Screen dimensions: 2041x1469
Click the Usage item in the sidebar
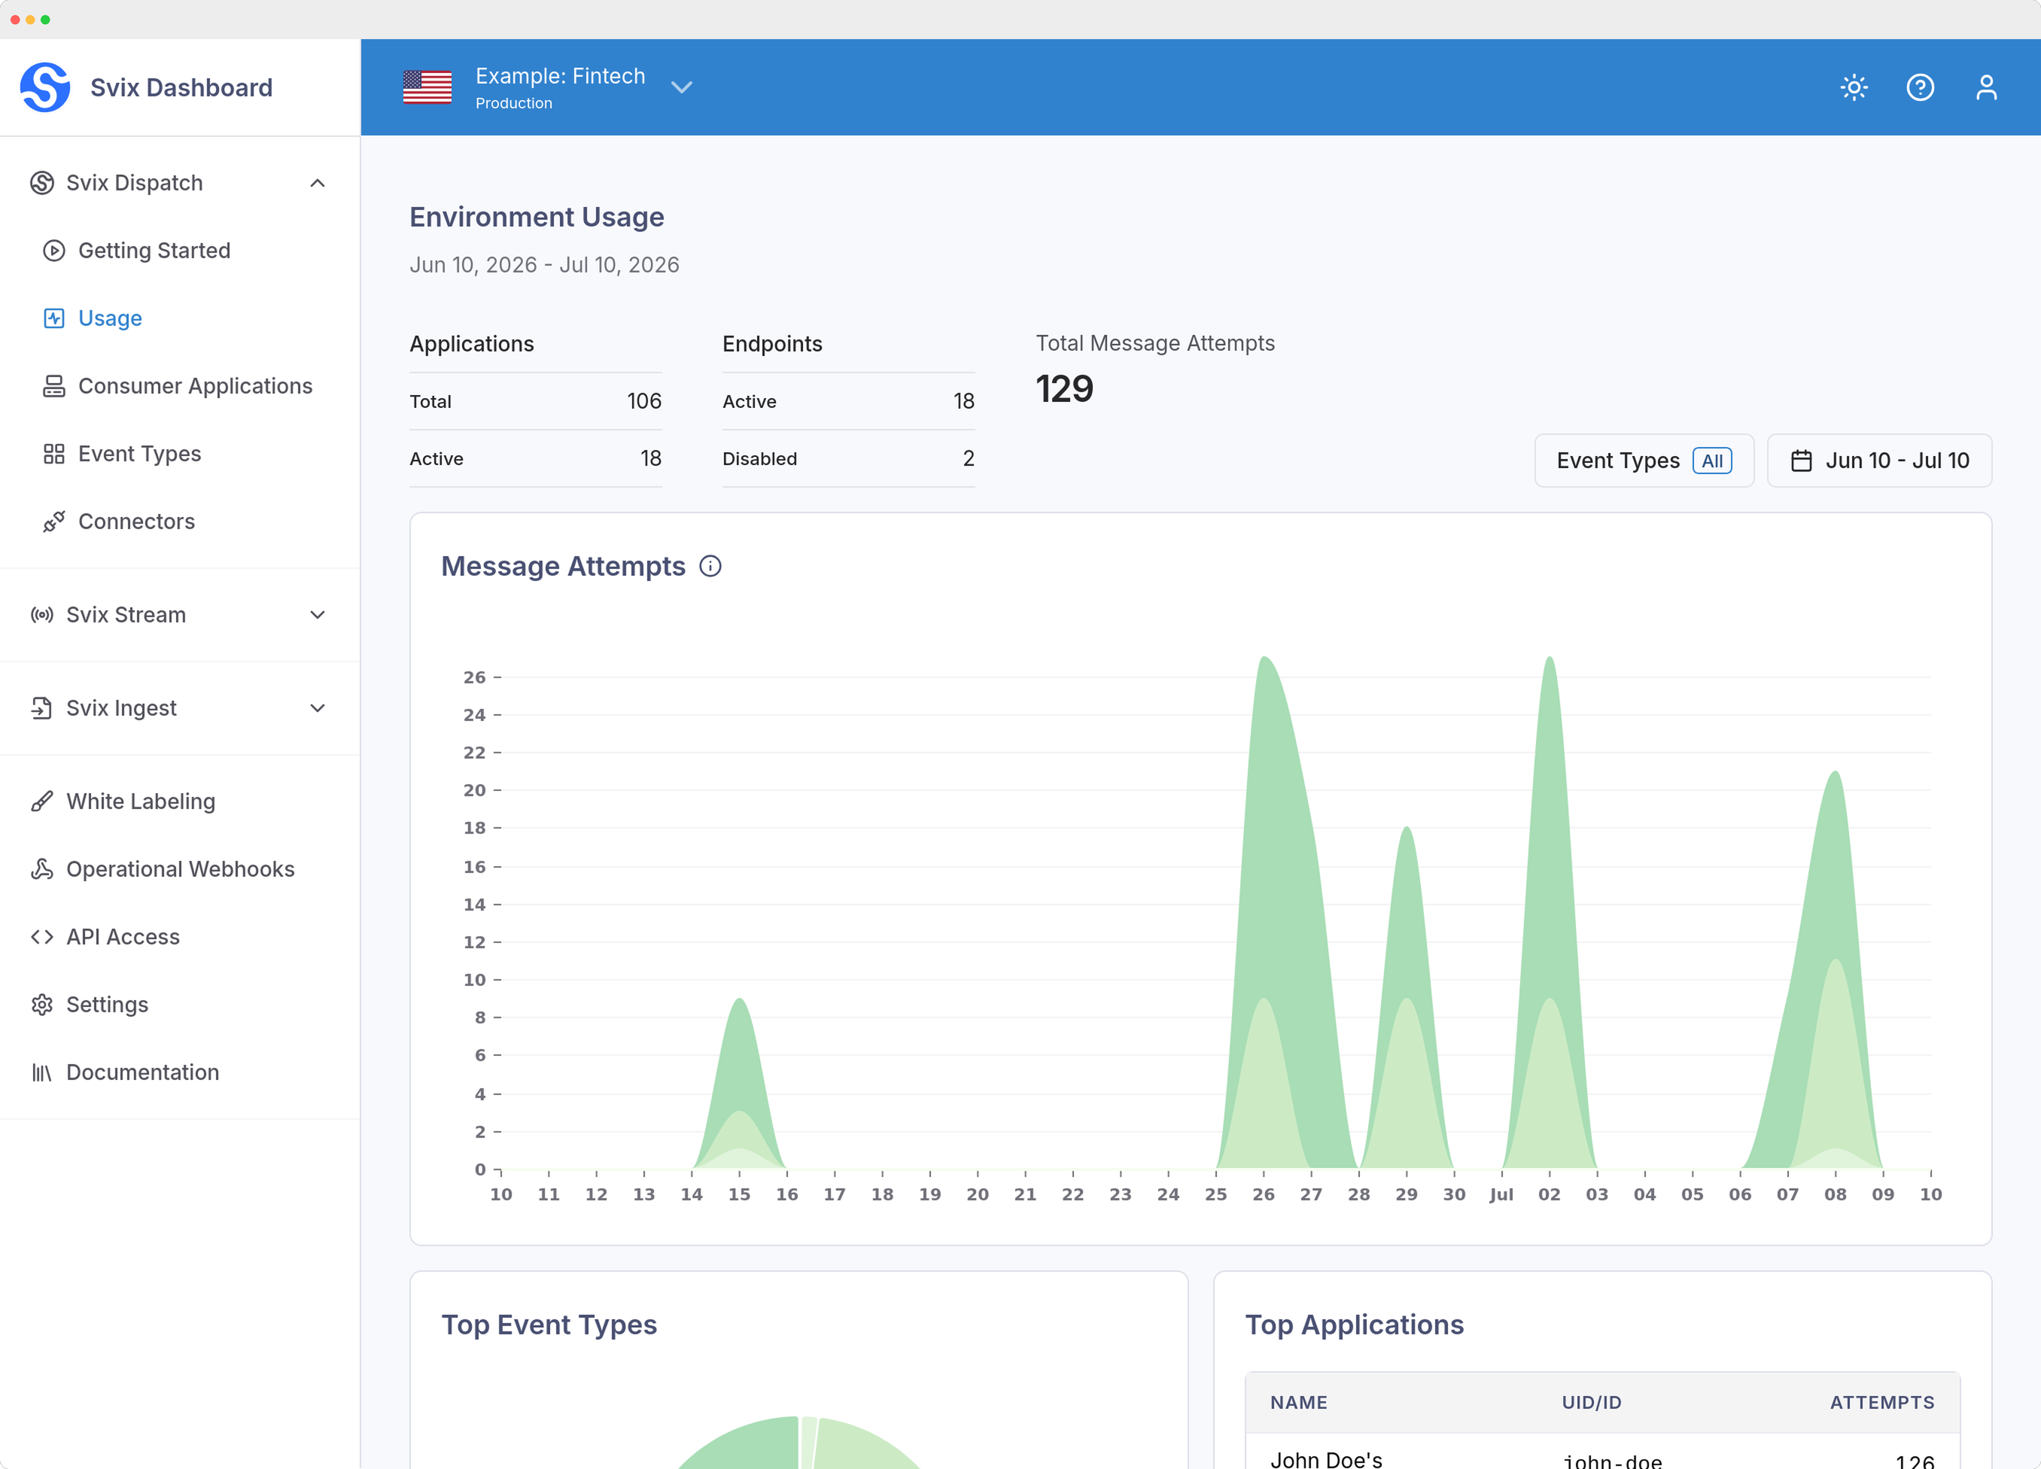[110, 318]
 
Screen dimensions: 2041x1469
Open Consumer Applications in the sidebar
[194, 386]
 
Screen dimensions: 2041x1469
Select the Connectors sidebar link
[136, 522]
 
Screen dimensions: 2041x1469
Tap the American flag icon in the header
[427, 87]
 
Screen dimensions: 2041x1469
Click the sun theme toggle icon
[1854, 87]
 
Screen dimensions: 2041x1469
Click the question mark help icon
[1921, 87]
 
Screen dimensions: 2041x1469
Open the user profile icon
[1986, 87]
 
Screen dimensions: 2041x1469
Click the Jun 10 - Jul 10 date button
[1879, 461]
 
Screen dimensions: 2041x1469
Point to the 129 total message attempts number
[1065, 389]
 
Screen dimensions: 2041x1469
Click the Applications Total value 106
[644, 401]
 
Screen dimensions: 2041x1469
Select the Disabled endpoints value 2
[969, 458]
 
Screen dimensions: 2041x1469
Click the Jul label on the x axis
[1501, 1194]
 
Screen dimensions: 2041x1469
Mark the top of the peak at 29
[1407, 826]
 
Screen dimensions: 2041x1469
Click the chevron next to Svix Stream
[318, 615]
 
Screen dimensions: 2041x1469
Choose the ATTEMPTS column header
[1881, 1402]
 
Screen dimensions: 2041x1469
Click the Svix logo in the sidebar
[45, 87]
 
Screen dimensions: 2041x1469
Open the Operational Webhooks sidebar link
[180, 868]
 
